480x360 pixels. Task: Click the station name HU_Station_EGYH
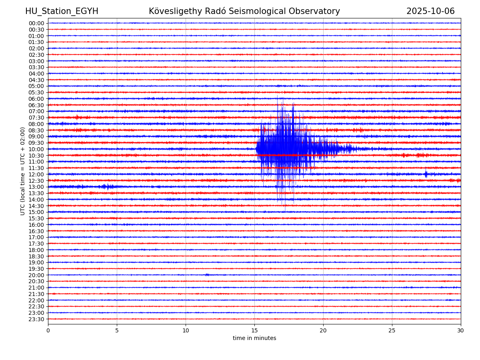pyautogui.click(x=62, y=11)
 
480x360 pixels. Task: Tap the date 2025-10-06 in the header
pyautogui.click(x=430, y=11)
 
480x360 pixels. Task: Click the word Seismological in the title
pyautogui.click(x=267, y=11)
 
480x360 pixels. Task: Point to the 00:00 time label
pyautogui.click(x=36, y=23)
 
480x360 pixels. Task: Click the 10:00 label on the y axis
pyautogui.click(x=36, y=149)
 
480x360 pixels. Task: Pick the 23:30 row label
pyautogui.click(x=36, y=319)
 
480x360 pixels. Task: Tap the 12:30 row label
pyautogui.click(x=36, y=181)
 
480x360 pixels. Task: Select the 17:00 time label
pyautogui.click(x=36, y=237)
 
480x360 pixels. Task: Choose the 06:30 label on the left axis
pyautogui.click(x=36, y=105)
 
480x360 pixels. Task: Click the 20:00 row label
pyautogui.click(x=36, y=275)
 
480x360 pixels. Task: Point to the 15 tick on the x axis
pyautogui.click(x=254, y=331)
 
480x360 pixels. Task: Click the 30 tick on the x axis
pyautogui.click(x=461, y=331)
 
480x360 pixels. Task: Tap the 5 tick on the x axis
pyautogui.click(x=117, y=331)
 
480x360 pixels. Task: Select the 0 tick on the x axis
pyautogui.click(x=48, y=331)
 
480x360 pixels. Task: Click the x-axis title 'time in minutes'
pyautogui.click(x=254, y=338)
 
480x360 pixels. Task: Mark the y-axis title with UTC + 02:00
pyautogui.click(x=23, y=171)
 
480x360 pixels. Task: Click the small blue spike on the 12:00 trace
pyautogui.click(x=426, y=174)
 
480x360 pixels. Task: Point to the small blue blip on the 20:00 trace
pyautogui.click(x=207, y=275)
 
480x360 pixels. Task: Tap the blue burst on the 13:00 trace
pyautogui.click(x=107, y=186)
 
